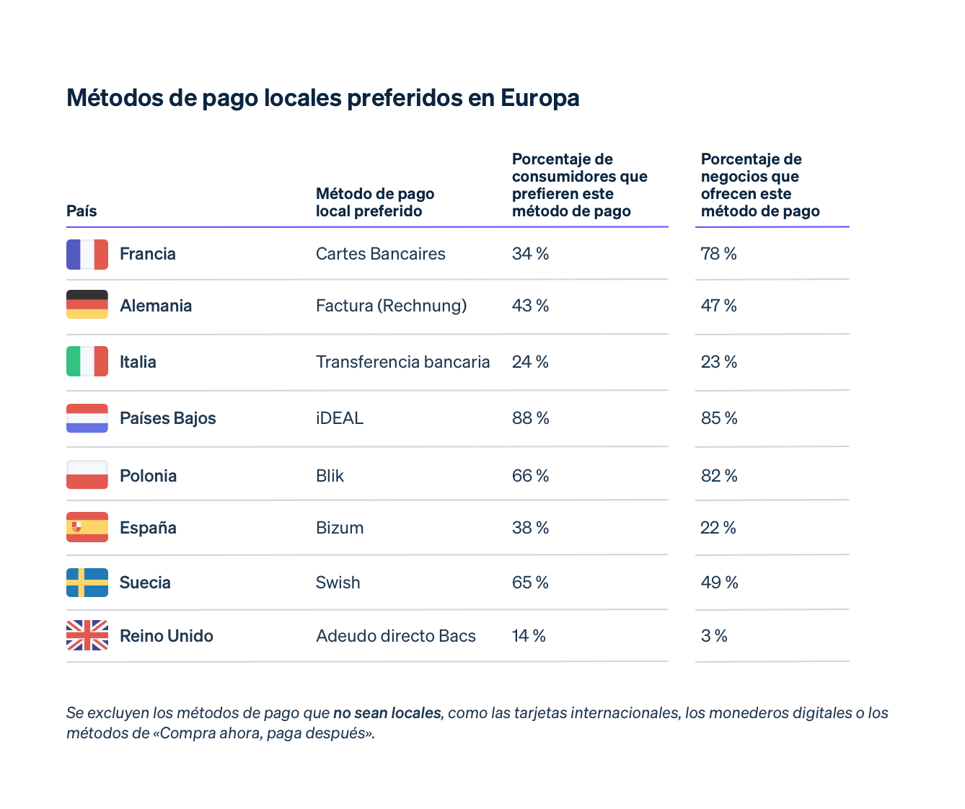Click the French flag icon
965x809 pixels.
87,255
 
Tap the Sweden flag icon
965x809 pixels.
87,583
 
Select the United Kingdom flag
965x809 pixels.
87,635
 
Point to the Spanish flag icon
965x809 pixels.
87,527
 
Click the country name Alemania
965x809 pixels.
156,306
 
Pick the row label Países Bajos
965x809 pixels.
168,418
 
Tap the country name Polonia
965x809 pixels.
149,476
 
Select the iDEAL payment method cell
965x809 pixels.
340,418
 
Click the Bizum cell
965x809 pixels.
340,528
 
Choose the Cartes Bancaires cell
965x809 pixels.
381,254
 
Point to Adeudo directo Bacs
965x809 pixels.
396,636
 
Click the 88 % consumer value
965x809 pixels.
531,418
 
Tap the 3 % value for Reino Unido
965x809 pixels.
714,636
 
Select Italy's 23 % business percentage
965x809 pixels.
719,362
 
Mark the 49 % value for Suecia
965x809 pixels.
720,583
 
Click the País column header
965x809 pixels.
81,211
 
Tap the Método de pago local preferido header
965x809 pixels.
375,203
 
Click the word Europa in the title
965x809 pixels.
540,98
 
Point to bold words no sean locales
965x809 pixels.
387,713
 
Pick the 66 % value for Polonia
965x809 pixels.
531,476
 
